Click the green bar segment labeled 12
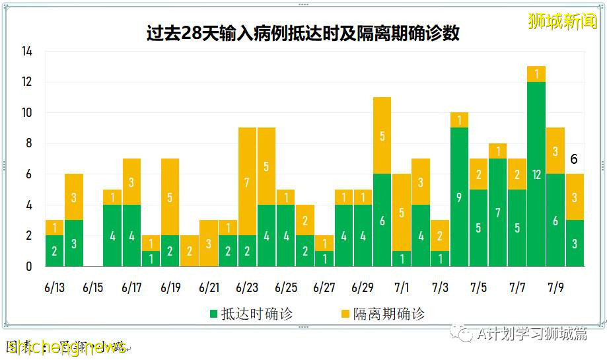click(536, 174)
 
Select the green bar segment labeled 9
click(459, 197)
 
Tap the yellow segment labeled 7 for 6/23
click(247, 182)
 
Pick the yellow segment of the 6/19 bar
click(170, 197)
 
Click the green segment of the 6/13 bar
click(54, 251)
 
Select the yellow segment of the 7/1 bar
click(402, 213)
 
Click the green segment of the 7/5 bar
click(478, 228)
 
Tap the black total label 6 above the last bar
click(574, 159)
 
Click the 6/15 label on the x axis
click(93, 288)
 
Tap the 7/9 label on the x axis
click(555, 288)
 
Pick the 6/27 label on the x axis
click(324, 288)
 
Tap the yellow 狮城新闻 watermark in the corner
click(562, 21)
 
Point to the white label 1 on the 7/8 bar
click(536, 74)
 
